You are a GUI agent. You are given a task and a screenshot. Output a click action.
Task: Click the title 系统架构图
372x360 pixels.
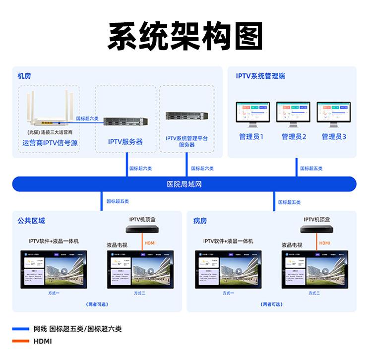185,36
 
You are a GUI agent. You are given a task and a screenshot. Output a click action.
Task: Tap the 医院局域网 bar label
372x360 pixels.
185,184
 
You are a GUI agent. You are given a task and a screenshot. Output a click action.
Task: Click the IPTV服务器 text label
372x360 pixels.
125,142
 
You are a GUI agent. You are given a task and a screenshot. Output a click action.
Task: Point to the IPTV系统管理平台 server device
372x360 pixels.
186,116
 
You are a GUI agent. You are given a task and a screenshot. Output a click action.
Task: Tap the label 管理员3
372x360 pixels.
334,136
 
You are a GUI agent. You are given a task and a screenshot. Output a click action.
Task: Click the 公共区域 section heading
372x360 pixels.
31,221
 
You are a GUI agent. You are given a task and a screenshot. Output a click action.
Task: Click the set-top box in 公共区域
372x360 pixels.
143,230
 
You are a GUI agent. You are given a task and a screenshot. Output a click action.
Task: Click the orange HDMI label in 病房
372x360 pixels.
324,243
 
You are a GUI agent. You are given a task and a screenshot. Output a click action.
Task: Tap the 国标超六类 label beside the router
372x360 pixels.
87,119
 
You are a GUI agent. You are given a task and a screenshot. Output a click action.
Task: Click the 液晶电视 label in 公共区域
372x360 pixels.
117,245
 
